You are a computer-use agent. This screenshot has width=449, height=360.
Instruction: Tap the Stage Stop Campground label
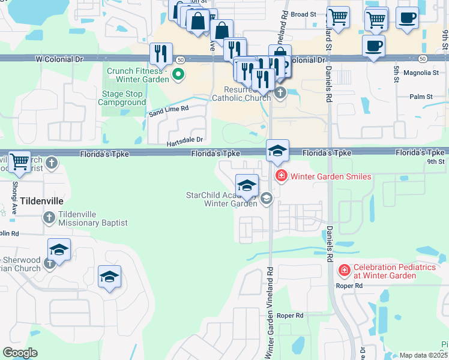coord(122,98)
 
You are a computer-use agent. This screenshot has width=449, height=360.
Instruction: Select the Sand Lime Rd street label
coord(169,109)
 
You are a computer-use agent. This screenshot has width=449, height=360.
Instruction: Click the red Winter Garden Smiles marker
coord(280,176)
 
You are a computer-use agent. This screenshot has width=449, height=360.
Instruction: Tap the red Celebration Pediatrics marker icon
coord(345,271)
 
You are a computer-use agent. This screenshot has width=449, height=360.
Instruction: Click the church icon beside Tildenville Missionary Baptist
coord(49,218)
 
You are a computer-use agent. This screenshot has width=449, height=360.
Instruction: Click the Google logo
coord(20,353)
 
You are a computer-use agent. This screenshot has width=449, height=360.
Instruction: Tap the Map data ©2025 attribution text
coord(423,355)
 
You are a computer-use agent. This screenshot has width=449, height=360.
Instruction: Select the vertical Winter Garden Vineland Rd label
coord(270,312)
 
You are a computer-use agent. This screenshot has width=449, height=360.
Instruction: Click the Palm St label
coord(421,96)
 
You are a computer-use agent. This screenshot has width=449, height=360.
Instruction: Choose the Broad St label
coord(303,14)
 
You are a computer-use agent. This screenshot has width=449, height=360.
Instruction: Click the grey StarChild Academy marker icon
coord(267,199)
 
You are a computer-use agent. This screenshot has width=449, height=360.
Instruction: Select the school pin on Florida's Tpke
coord(278,151)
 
